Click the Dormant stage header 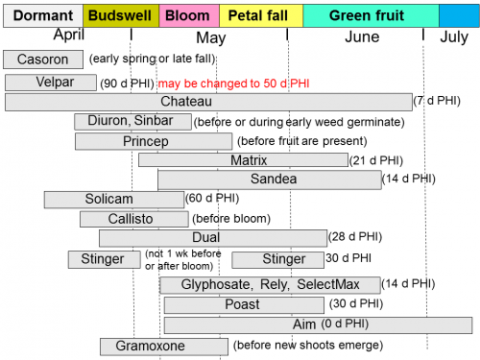tap(42, 15)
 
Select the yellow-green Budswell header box tap(121, 15)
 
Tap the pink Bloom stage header tap(188, 15)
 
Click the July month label tap(453, 37)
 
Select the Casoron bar tap(42, 60)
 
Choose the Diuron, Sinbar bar tap(132, 121)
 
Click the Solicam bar tap(113, 199)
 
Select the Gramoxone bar tap(143, 346)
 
